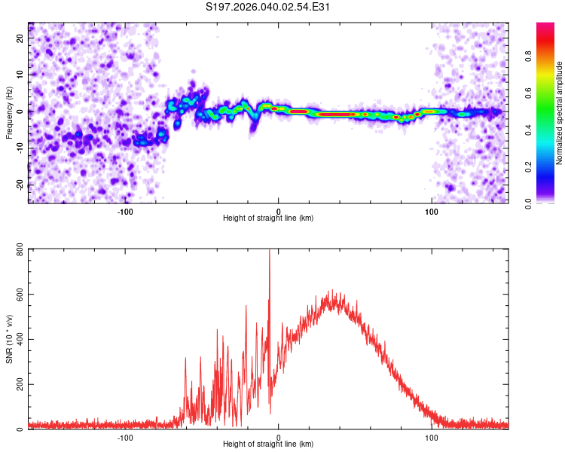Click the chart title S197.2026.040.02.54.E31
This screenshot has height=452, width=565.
267,7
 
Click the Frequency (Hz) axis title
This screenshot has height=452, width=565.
9,113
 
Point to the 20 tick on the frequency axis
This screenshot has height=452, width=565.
20,38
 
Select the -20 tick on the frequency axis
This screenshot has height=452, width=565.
20,185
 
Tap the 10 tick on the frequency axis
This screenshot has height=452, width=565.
20,75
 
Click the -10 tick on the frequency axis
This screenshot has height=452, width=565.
20,148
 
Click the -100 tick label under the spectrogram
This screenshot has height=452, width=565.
124,212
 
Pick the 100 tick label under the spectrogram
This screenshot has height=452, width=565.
432,212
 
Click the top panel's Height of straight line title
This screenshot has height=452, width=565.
268,218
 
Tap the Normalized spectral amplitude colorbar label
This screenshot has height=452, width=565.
559,113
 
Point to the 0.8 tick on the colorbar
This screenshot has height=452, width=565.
528,56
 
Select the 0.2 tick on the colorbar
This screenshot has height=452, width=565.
528,167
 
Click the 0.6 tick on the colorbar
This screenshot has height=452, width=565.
528,93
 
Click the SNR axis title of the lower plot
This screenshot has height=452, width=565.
9,339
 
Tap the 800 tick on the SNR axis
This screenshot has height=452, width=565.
20,249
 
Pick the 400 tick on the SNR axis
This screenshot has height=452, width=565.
20,339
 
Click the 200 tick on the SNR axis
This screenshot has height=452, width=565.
20,384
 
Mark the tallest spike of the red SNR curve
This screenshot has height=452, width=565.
269,250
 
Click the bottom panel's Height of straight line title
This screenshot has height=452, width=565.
268,444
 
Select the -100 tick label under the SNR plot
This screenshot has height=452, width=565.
124,438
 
